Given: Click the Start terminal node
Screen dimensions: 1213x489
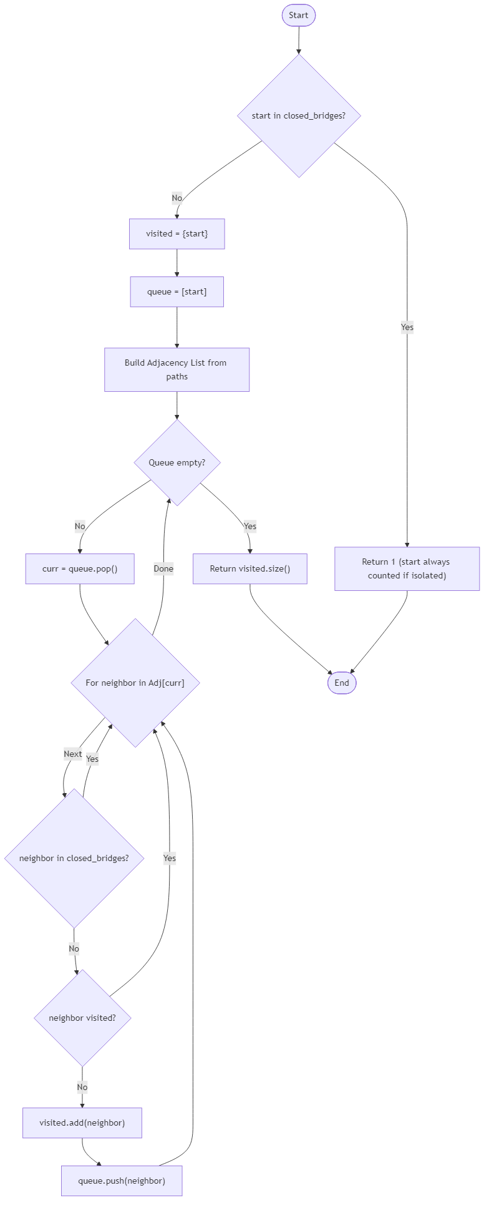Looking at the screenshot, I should click(298, 16).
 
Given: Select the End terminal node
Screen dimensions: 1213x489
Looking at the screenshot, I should click(342, 683).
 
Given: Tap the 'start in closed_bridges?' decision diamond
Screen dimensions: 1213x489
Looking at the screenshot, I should click(299, 116).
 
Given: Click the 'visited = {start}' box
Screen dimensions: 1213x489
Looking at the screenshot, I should click(177, 234).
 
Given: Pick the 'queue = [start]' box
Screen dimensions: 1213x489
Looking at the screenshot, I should click(177, 292).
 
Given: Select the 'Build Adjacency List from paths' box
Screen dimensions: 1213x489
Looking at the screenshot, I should click(177, 370).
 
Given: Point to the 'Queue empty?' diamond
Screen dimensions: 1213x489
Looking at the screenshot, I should click(177, 462).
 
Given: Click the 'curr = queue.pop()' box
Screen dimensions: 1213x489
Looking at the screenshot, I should click(80, 569).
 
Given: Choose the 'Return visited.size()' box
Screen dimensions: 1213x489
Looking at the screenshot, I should click(250, 569).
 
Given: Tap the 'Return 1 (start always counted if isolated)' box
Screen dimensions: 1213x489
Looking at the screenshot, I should click(407, 568).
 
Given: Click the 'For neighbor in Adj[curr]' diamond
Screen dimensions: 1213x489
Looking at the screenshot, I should click(135, 683).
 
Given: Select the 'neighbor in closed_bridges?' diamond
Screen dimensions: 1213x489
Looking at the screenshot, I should click(74, 858).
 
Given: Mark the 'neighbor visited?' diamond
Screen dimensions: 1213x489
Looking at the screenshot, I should click(82, 1018).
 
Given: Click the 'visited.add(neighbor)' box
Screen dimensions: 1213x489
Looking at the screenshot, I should click(82, 1123).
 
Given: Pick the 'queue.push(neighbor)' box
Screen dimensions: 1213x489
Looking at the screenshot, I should click(122, 1181).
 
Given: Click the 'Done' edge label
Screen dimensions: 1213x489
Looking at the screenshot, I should click(163, 568).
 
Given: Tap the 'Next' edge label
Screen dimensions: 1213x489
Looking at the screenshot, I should click(73, 754).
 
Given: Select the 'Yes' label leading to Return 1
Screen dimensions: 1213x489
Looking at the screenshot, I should click(407, 327).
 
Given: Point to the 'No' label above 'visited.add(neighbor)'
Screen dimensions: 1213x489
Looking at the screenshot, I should click(82, 1087).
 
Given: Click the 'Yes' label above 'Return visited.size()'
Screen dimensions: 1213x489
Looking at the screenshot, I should click(249, 526).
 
